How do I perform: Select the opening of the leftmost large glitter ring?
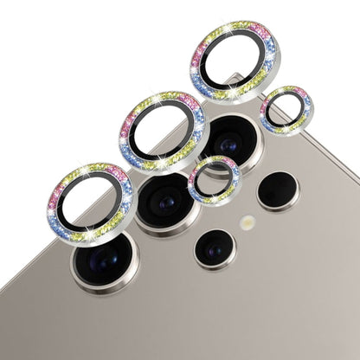(x=91, y=202)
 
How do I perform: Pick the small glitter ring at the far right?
(x=286, y=111)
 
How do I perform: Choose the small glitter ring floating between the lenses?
(x=214, y=180)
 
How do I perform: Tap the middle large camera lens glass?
(x=166, y=201)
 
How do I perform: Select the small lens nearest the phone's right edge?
(x=278, y=190)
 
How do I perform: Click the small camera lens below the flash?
(x=214, y=249)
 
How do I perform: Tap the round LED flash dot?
(x=248, y=222)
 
